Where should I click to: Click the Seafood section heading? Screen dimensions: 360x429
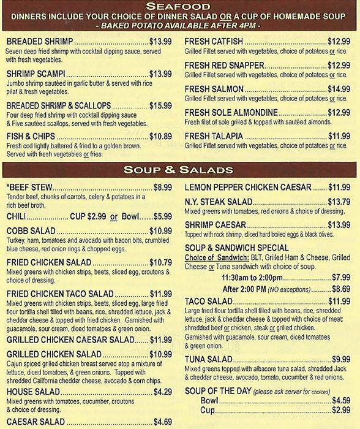pyautogui.click(x=180, y=7)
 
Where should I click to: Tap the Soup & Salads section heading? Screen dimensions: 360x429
pyautogui.click(x=180, y=169)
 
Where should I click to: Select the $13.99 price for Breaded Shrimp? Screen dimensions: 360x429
pyautogui.click(x=160, y=41)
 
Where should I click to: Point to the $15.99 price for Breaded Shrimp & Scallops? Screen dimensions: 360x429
pyautogui.click(x=160, y=105)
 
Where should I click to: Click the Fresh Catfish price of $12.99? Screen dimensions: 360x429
pyautogui.click(x=339, y=41)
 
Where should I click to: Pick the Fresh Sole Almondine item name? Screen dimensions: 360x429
pyautogui.click(x=231, y=113)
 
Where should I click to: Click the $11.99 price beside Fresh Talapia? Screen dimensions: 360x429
pyautogui.click(x=339, y=136)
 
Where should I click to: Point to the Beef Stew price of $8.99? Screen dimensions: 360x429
pyautogui.click(x=162, y=187)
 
